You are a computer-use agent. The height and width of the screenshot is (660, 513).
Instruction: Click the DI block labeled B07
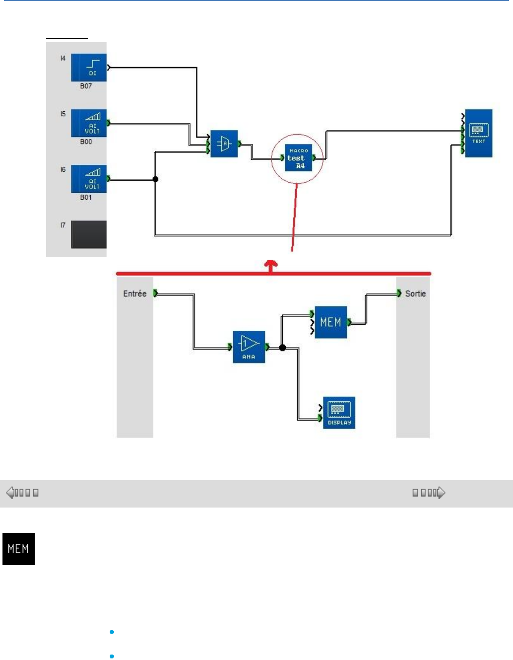pyautogui.click(x=89, y=68)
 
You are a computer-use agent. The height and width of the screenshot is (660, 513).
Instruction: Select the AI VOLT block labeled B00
pyautogui.click(x=89, y=123)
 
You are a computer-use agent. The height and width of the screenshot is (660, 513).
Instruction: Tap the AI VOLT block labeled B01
pyautogui.click(x=89, y=179)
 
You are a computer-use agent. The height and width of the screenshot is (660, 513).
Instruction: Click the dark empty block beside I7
pyautogui.click(x=89, y=234)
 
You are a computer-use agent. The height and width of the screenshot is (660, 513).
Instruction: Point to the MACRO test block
pyautogui.click(x=299, y=158)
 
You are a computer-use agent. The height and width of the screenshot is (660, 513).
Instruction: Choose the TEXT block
pyautogui.click(x=478, y=133)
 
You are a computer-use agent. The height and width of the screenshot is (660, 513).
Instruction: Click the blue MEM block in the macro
pyautogui.click(x=330, y=322)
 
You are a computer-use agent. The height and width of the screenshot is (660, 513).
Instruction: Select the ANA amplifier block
pyautogui.click(x=249, y=347)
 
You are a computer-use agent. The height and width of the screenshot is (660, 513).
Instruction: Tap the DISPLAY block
pyautogui.click(x=339, y=413)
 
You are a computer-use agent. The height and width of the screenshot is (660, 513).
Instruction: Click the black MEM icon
pyautogui.click(x=18, y=549)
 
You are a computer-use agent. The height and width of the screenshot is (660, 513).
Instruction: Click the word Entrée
pyautogui.click(x=135, y=293)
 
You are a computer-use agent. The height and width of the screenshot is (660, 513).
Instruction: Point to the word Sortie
pyautogui.click(x=415, y=293)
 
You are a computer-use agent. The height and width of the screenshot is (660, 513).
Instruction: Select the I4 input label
pyautogui.click(x=63, y=59)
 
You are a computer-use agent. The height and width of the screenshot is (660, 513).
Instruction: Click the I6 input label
pyautogui.click(x=63, y=170)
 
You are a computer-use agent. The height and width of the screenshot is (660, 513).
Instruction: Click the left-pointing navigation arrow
pyautogui.click(x=10, y=493)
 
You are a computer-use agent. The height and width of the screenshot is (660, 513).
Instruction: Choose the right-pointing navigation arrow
pyautogui.click(x=441, y=493)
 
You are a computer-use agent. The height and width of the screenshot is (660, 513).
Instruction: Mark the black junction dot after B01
pyautogui.click(x=155, y=179)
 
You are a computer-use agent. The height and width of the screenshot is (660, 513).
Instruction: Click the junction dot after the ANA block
pyautogui.click(x=282, y=348)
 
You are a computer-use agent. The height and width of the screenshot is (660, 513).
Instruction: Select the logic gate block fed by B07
pyautogui.click(x=224, y=144)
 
